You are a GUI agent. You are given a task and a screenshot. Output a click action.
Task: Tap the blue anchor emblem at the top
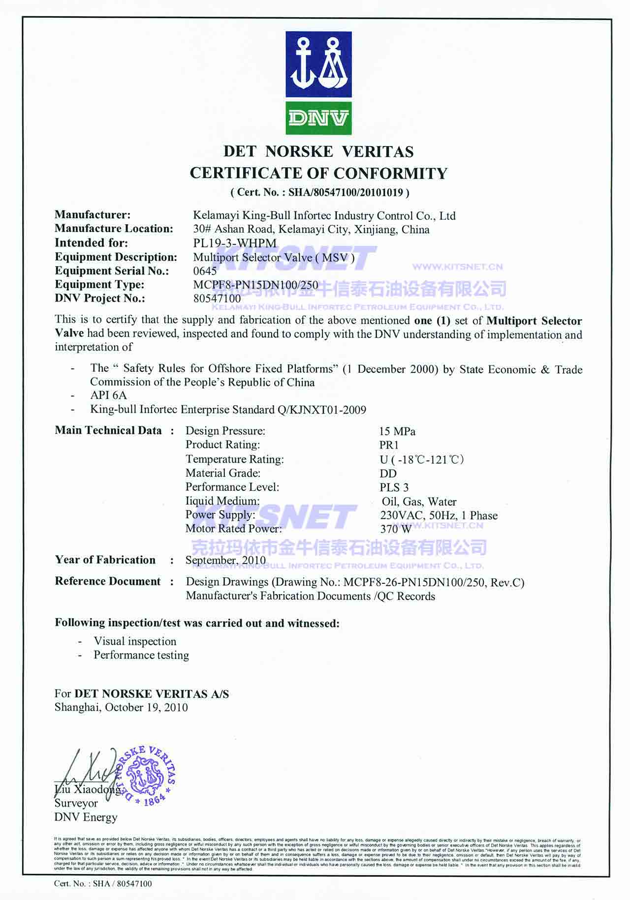318,64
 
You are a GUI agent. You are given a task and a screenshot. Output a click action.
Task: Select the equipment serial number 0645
205,270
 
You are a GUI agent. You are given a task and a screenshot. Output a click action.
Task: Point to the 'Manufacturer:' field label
93,214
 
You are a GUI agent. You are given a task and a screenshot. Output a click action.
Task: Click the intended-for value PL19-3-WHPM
235,243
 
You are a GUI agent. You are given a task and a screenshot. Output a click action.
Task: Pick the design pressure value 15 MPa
397,431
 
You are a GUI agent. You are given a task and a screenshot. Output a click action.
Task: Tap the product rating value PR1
389,445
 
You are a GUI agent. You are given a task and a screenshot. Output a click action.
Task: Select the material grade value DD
388,473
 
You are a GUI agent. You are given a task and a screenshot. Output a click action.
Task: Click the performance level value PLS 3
394,487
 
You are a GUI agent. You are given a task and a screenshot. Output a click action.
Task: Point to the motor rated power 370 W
396,529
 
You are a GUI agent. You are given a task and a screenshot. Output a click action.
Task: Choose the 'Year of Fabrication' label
105,560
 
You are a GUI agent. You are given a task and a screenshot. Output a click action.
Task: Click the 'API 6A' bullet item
108,395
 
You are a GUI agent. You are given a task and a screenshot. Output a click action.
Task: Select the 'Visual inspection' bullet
135,641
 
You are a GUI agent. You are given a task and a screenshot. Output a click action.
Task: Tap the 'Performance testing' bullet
141,655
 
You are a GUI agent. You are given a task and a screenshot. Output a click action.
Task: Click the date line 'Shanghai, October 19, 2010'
121,707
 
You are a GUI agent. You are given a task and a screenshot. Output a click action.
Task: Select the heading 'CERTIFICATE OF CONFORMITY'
318,173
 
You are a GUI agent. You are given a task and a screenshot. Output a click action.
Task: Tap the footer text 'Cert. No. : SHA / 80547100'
103,883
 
